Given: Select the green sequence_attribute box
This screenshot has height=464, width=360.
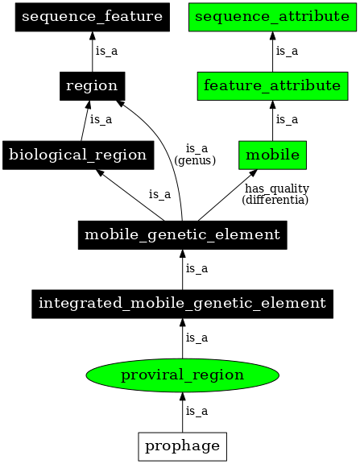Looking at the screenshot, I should (x=273, y=16).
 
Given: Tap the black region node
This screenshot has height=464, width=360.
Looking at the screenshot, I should (x=91, y=85).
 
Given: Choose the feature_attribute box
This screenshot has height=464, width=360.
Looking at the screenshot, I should (x=273, y=85).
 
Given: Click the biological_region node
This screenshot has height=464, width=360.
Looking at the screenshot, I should (x=77, y=155).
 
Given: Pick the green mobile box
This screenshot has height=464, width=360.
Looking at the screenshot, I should (x=273, y=155).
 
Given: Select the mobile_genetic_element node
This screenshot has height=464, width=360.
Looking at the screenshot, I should (x=182, y=235).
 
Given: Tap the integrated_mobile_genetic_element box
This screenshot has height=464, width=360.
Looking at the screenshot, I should (x=182, y=304).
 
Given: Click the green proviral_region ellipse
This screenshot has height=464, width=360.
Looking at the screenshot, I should (x=182, y=375).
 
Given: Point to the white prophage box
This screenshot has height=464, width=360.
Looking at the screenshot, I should (x=182, y=445).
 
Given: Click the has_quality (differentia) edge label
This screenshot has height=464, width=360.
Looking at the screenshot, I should (x=275, y=193).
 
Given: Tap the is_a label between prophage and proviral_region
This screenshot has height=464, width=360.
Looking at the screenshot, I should (x=197, y=411).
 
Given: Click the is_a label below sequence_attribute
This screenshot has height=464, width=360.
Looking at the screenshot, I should (x=288, y=51).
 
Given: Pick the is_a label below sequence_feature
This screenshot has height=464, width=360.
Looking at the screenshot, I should (x=106, y=51).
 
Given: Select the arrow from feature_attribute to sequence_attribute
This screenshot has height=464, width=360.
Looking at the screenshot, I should (x=273, y=51).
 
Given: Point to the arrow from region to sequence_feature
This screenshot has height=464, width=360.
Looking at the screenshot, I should (x=91, y=51).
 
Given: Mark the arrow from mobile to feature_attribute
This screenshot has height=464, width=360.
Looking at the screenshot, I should (x=273, y=120).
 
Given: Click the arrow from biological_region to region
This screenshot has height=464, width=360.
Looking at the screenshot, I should (x=84, y=120).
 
